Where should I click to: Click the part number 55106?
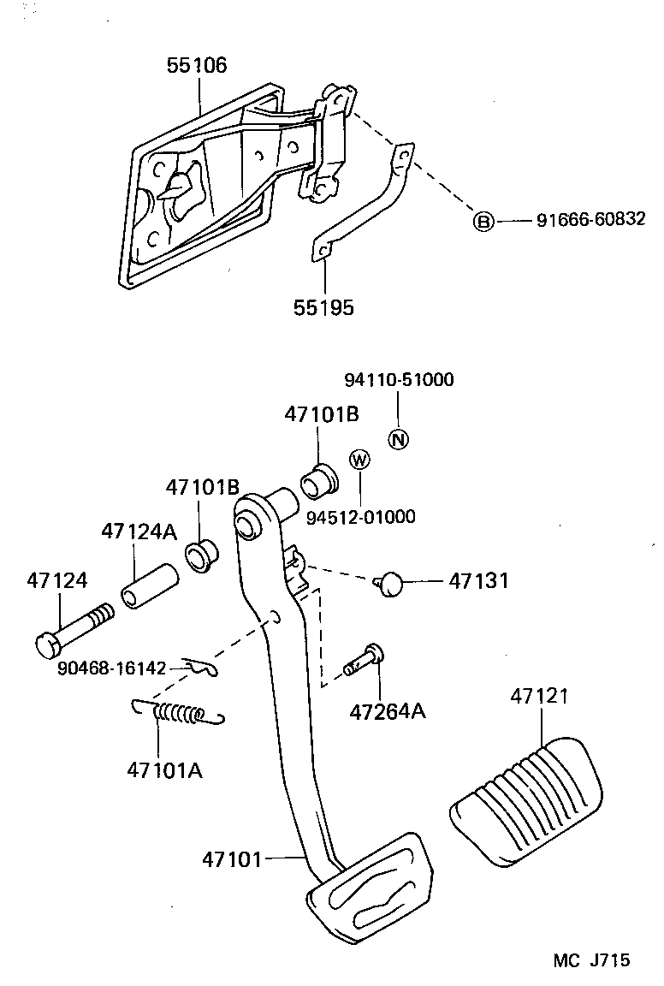196,66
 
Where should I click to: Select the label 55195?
323,307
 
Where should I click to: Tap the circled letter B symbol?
483,222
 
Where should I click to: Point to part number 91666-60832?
590,221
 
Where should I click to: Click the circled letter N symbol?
399,439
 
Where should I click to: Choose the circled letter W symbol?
359,460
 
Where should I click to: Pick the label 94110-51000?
399,380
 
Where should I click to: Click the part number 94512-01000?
361,516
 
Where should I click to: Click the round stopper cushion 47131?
390,584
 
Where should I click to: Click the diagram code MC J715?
591,960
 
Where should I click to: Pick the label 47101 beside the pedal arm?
232,857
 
